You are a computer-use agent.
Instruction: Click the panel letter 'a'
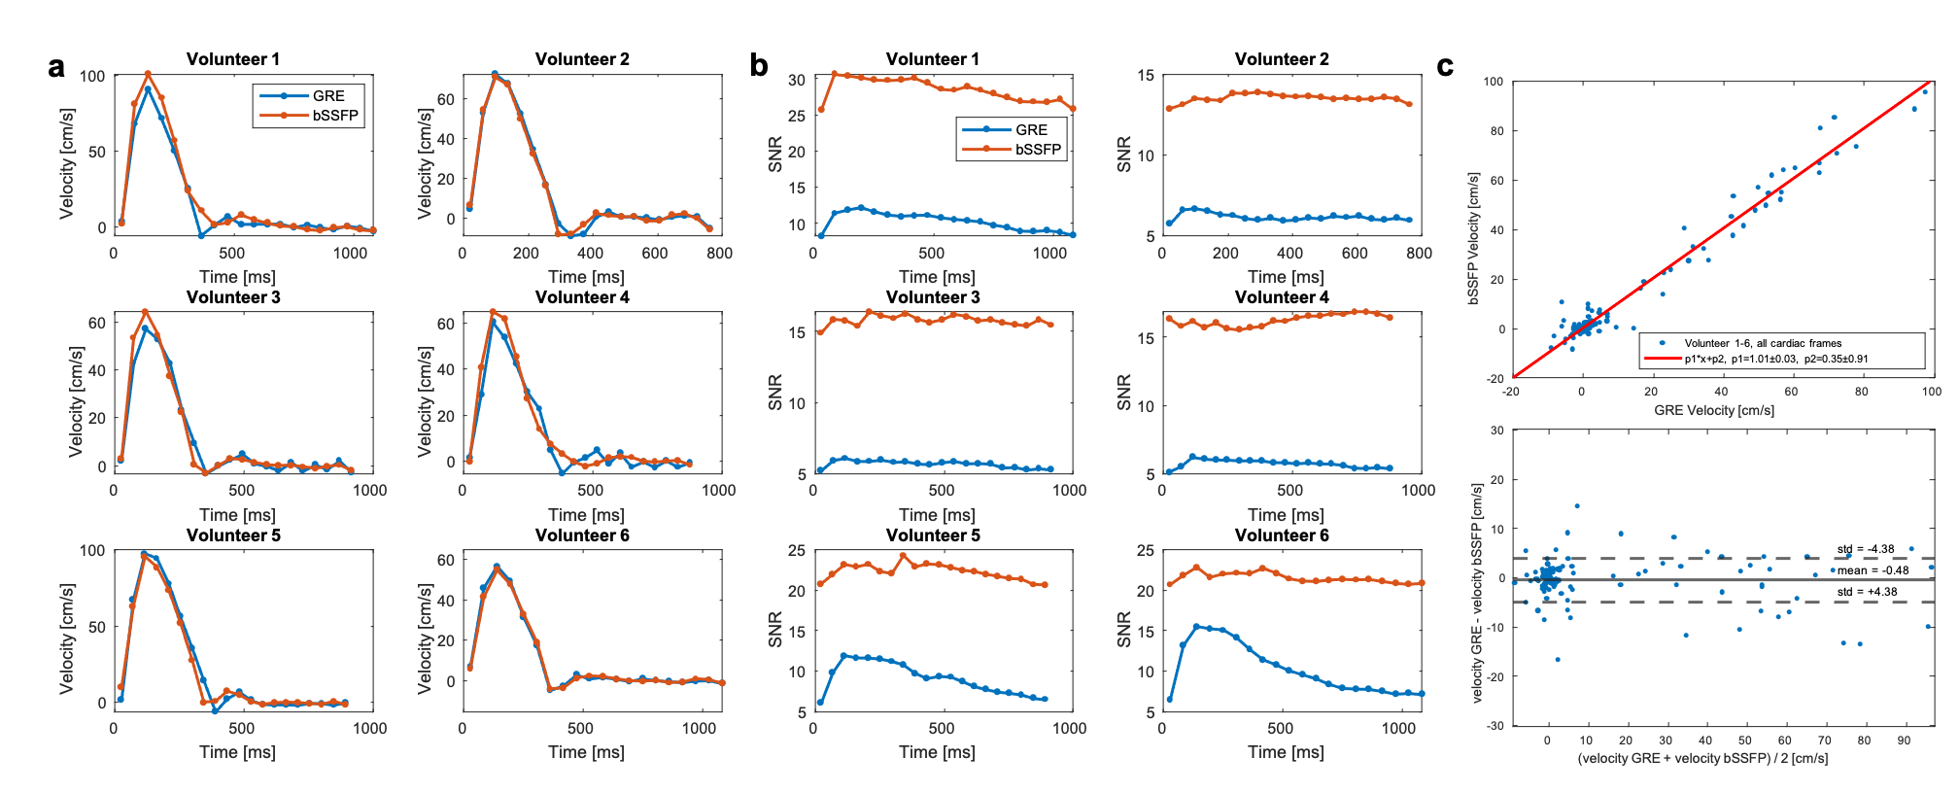click(x=56, y=68)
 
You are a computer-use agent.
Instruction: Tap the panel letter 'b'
click(x=759, y=66)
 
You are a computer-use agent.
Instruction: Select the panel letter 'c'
click(x=1445, y=66)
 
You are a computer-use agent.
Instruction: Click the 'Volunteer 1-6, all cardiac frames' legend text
click(x=1762, y=343)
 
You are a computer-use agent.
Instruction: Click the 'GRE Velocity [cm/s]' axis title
click(x=1714, y=410)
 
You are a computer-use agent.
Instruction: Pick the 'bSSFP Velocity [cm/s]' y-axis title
click(x=1474, y=239)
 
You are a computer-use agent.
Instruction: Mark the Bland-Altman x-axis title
click(x=1702, y=758)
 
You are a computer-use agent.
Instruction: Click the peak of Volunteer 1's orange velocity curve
click(x=148, y=74)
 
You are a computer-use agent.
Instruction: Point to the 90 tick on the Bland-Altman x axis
click(x=1904, y=741)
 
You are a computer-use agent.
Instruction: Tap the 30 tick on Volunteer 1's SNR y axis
click(x=797, y=80)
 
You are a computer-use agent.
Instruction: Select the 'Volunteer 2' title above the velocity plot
click(x=582, y=59)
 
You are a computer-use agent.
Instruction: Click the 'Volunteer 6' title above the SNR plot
click(x=1282, y=535)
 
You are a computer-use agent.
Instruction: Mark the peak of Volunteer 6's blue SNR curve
click(x=1196, y=627)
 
